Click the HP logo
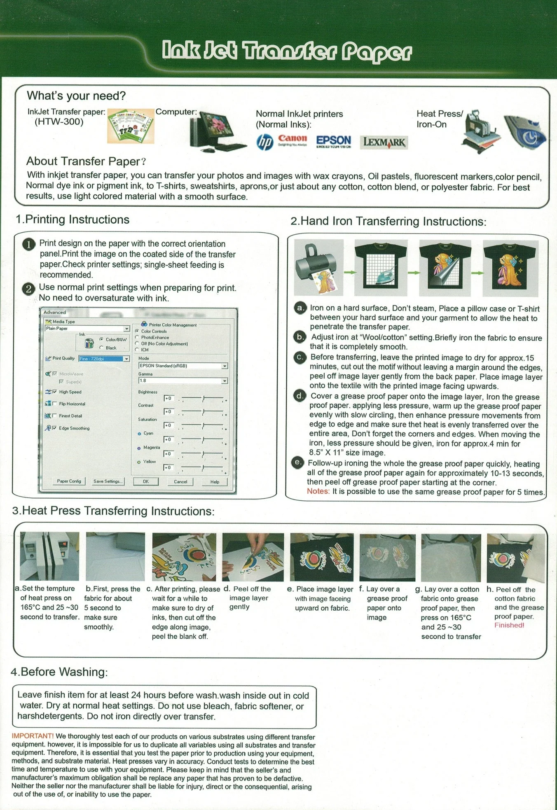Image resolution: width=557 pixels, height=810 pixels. click(264, 142)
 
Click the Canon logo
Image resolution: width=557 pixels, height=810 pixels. click(292, 140)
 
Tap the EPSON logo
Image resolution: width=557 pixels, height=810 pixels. click(333, 141)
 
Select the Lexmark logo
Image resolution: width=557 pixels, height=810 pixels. click(384, 142)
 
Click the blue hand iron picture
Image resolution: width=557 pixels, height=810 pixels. click(525, 132)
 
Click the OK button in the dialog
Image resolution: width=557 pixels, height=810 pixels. click(146, 481)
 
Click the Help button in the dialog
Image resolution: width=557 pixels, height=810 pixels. click(215, 482)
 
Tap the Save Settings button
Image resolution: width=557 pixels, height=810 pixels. click(108, 481)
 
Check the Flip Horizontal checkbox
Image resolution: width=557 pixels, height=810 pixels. click(55, 404)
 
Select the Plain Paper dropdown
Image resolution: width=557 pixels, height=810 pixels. click(87, 329)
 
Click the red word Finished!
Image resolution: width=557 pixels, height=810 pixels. click(509, 625)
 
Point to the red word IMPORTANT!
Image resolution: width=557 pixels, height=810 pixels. click(33, 736)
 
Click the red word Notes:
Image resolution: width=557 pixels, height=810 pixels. click(318, 491)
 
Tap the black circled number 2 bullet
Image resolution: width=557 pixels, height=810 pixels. click(28, 289)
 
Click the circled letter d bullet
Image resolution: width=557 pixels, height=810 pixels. click(300, 396)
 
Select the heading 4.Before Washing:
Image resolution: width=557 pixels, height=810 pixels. click(59, 672)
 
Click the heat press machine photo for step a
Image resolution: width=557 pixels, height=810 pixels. click(49, 556)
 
